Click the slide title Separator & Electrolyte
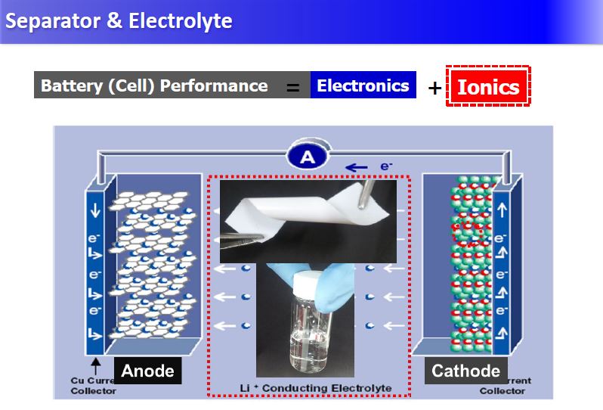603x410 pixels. pos(119,20)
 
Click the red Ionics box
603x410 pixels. pos(488,87)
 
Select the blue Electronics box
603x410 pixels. pos(363,85)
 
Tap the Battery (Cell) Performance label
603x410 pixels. pos(154,85)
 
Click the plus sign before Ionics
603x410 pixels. pos(434,88)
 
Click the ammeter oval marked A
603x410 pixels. pos(308,157)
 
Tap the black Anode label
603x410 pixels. pos(147,371)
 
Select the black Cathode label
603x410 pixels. pos(465,371)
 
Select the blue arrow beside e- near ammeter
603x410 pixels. pos(357,167)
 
